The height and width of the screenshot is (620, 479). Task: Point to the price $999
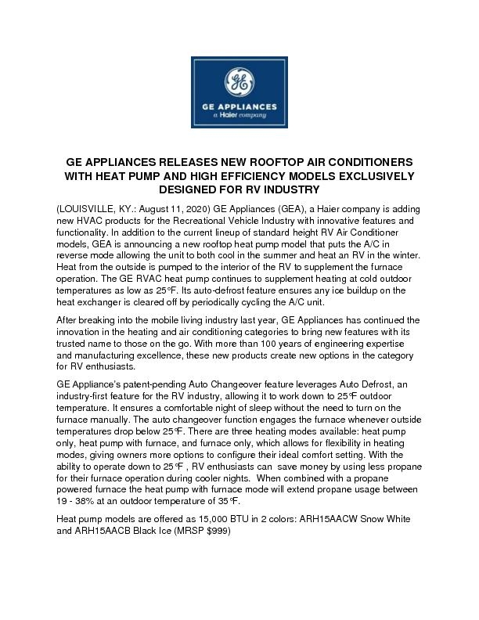[220, 529]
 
